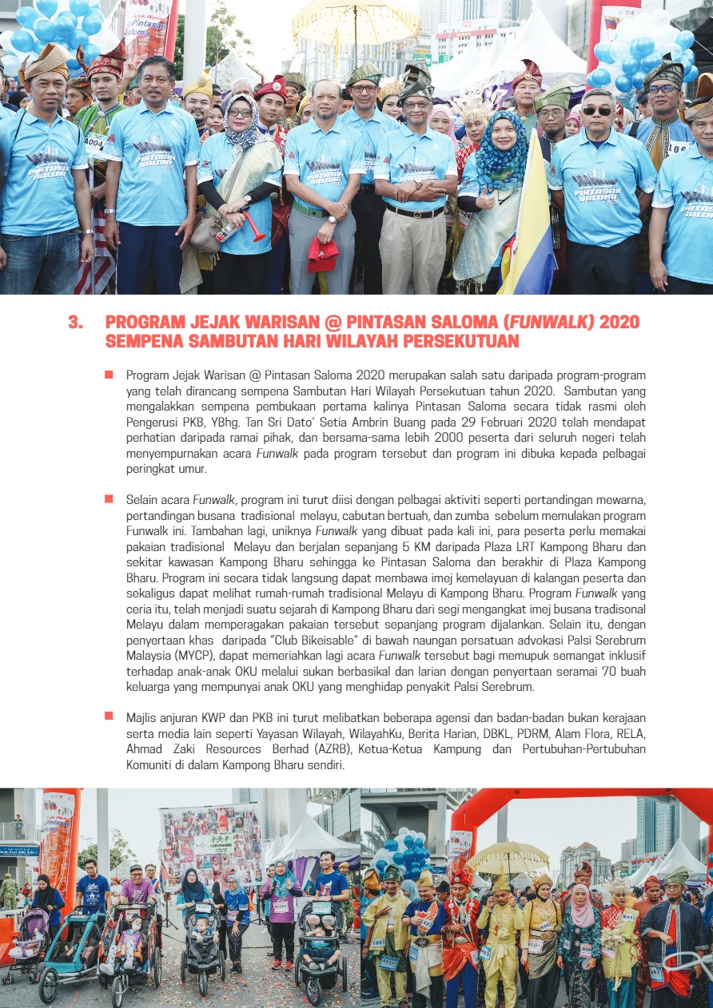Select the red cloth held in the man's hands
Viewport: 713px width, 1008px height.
tap(323, 255)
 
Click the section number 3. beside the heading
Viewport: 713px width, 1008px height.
tap(75, 322)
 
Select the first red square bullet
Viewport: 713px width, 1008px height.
tap(108, 374)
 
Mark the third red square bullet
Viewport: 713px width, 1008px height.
tap(108, 716)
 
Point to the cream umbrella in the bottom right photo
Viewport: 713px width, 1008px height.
tap(508, 857)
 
